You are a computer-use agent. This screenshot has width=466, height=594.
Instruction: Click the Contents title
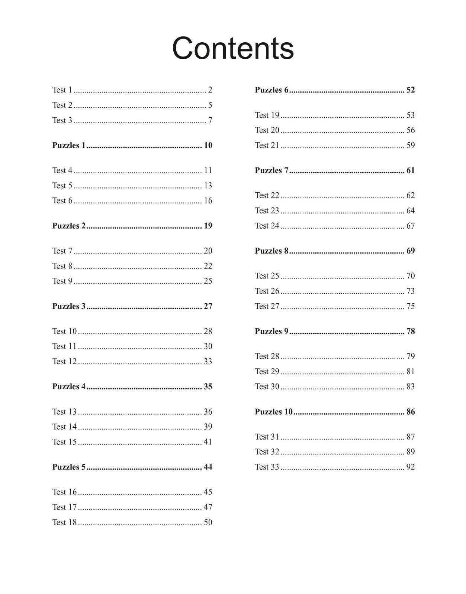pyautogui.click(x=233, y=48)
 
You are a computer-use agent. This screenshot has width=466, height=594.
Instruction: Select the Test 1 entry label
pyautogui.click(x=62, y=90)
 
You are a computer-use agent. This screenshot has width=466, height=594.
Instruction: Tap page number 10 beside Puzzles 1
pyautogui.click(x=208, y=145)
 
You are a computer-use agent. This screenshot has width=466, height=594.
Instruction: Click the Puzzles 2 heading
pyautogui.click(x=69, y=226)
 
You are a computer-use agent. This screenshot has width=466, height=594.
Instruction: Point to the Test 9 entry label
pyautogui.click(x=62, y=281)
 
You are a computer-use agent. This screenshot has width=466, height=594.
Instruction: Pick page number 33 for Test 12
pyautogui.click(x=208, y=361)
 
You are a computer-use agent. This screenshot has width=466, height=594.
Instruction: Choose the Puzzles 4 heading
pyautogui.click(x=69, y=386)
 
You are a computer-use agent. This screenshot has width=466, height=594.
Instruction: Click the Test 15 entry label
pyautogui.click(x=64, y=442)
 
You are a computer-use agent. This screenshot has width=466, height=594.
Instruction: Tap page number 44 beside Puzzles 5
pyautogui.click(x=208, y=467)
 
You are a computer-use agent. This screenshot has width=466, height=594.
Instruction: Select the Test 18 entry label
pyautogui.click(x=64, y=522)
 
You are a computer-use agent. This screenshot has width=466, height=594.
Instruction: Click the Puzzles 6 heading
pyautogui.click(x=271, y=90)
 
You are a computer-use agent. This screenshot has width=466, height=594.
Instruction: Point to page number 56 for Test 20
pyautogui.click(x=410, y=130)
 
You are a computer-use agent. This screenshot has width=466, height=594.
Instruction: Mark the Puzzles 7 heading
pyautogui.click(x=271, y=170)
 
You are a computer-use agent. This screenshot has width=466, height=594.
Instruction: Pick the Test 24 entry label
pyautogui.click(x=267, y=226)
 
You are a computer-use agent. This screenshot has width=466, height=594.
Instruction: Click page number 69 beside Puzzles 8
pyautogui.click(x=410, y=251)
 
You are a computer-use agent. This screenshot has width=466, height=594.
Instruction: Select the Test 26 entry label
pyautogui.click(x=267, y=291)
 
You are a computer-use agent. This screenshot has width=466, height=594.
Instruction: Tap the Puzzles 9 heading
pyautogui.click(x=271, y=331)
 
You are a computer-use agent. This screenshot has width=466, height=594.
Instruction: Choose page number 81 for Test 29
pyautogui.click(x=410, y=372)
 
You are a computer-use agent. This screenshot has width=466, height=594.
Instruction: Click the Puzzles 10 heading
pyautogui.click(x=274, y=412)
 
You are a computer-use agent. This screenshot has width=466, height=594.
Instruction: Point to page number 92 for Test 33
pyautogui.click(x=410, y=467)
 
